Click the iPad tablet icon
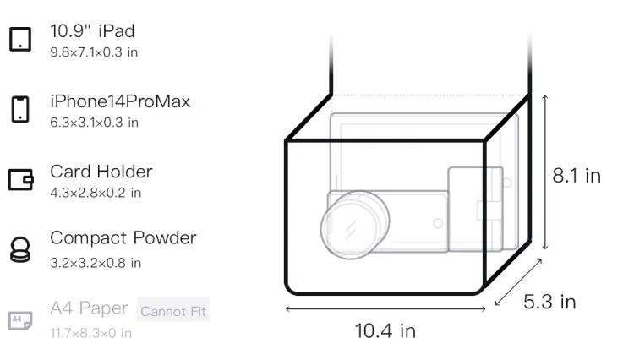point(20,39)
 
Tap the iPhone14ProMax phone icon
point(20,109)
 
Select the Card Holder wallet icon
point(20,179)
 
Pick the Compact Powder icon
point(20,249)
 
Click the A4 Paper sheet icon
point(20,320)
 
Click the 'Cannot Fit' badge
point(173,311)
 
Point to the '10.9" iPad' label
point(92,31)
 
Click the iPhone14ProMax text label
point(120,101)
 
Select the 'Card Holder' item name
point(101,172)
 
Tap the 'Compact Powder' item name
point(123,238)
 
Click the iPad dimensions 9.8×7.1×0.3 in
point(94,52)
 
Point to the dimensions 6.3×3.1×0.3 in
point(94,123)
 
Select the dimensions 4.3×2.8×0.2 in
point(96,193)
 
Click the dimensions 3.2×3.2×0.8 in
point(96,263)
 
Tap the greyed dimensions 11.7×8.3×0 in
point(91,333)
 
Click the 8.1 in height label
point(577,176)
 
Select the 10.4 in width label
point(385,331)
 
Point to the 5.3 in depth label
point(549,302)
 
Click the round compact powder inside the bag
point(355,225)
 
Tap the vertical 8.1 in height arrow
point(545,172)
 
